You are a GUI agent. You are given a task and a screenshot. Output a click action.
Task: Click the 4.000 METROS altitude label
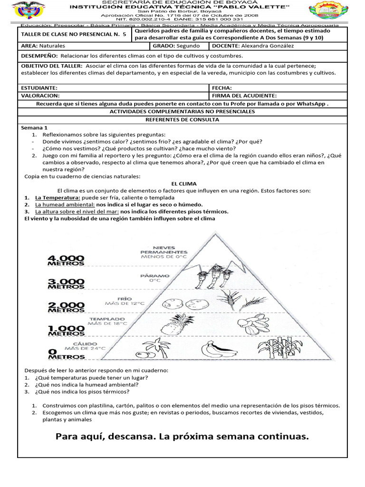(66, 260)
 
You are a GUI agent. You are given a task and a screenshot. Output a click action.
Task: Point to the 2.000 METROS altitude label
(66, 308)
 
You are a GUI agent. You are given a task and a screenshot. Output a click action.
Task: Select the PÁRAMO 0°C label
(149, 278)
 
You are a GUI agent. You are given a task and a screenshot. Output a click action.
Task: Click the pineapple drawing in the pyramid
(169, 327)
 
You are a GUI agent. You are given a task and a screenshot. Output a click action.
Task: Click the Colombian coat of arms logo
(29, 11)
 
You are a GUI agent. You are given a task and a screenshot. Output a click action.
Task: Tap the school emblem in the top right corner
(331, 12)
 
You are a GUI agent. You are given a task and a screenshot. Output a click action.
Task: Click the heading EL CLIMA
(183, 184)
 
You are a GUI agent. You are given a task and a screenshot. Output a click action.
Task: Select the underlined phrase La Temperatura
(58, 197)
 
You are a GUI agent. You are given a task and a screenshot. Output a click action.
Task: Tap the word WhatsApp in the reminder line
(310, 103)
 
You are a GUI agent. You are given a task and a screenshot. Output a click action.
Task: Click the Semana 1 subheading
(34, 128)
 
